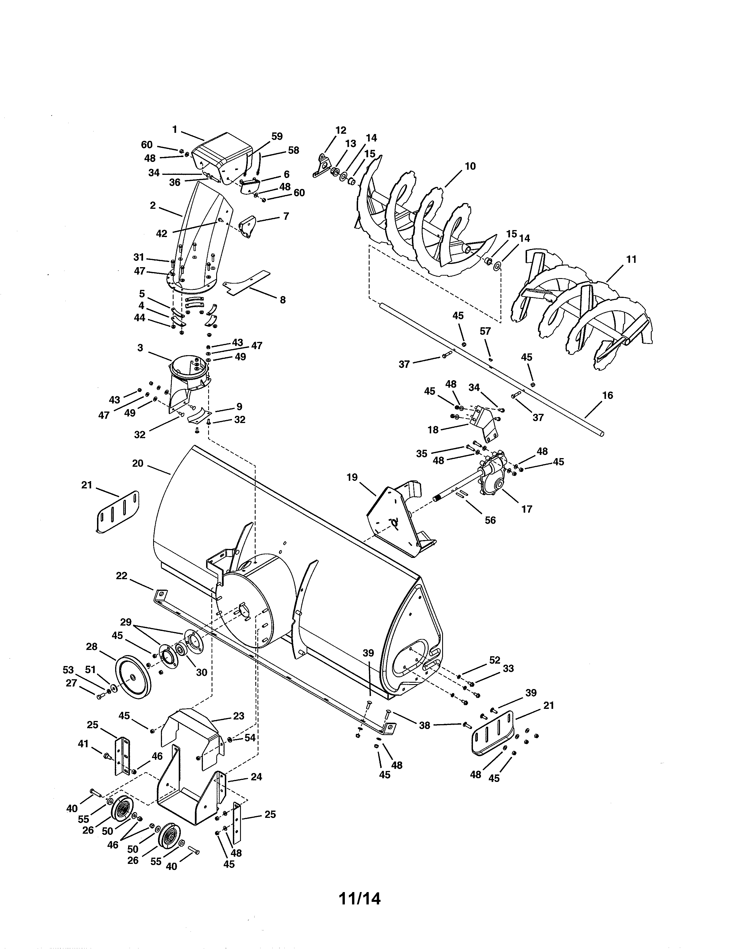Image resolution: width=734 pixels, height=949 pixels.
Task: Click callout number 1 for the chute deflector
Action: [x=174, y=129]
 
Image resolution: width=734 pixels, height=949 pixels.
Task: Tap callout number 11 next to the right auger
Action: [x=631, y=259]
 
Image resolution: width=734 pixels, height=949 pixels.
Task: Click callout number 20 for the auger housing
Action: [x=137, y=463]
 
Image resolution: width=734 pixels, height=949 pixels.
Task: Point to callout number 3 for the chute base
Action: [x=140, y=348]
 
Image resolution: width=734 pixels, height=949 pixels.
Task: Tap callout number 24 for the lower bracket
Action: [x=256, y=776]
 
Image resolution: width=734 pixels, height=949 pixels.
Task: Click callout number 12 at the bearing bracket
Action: [x=341, y=130]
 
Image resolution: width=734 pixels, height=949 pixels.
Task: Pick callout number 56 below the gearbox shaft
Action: [x=490, y=520]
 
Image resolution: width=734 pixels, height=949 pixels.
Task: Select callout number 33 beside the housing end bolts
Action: [x=508, y=668]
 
